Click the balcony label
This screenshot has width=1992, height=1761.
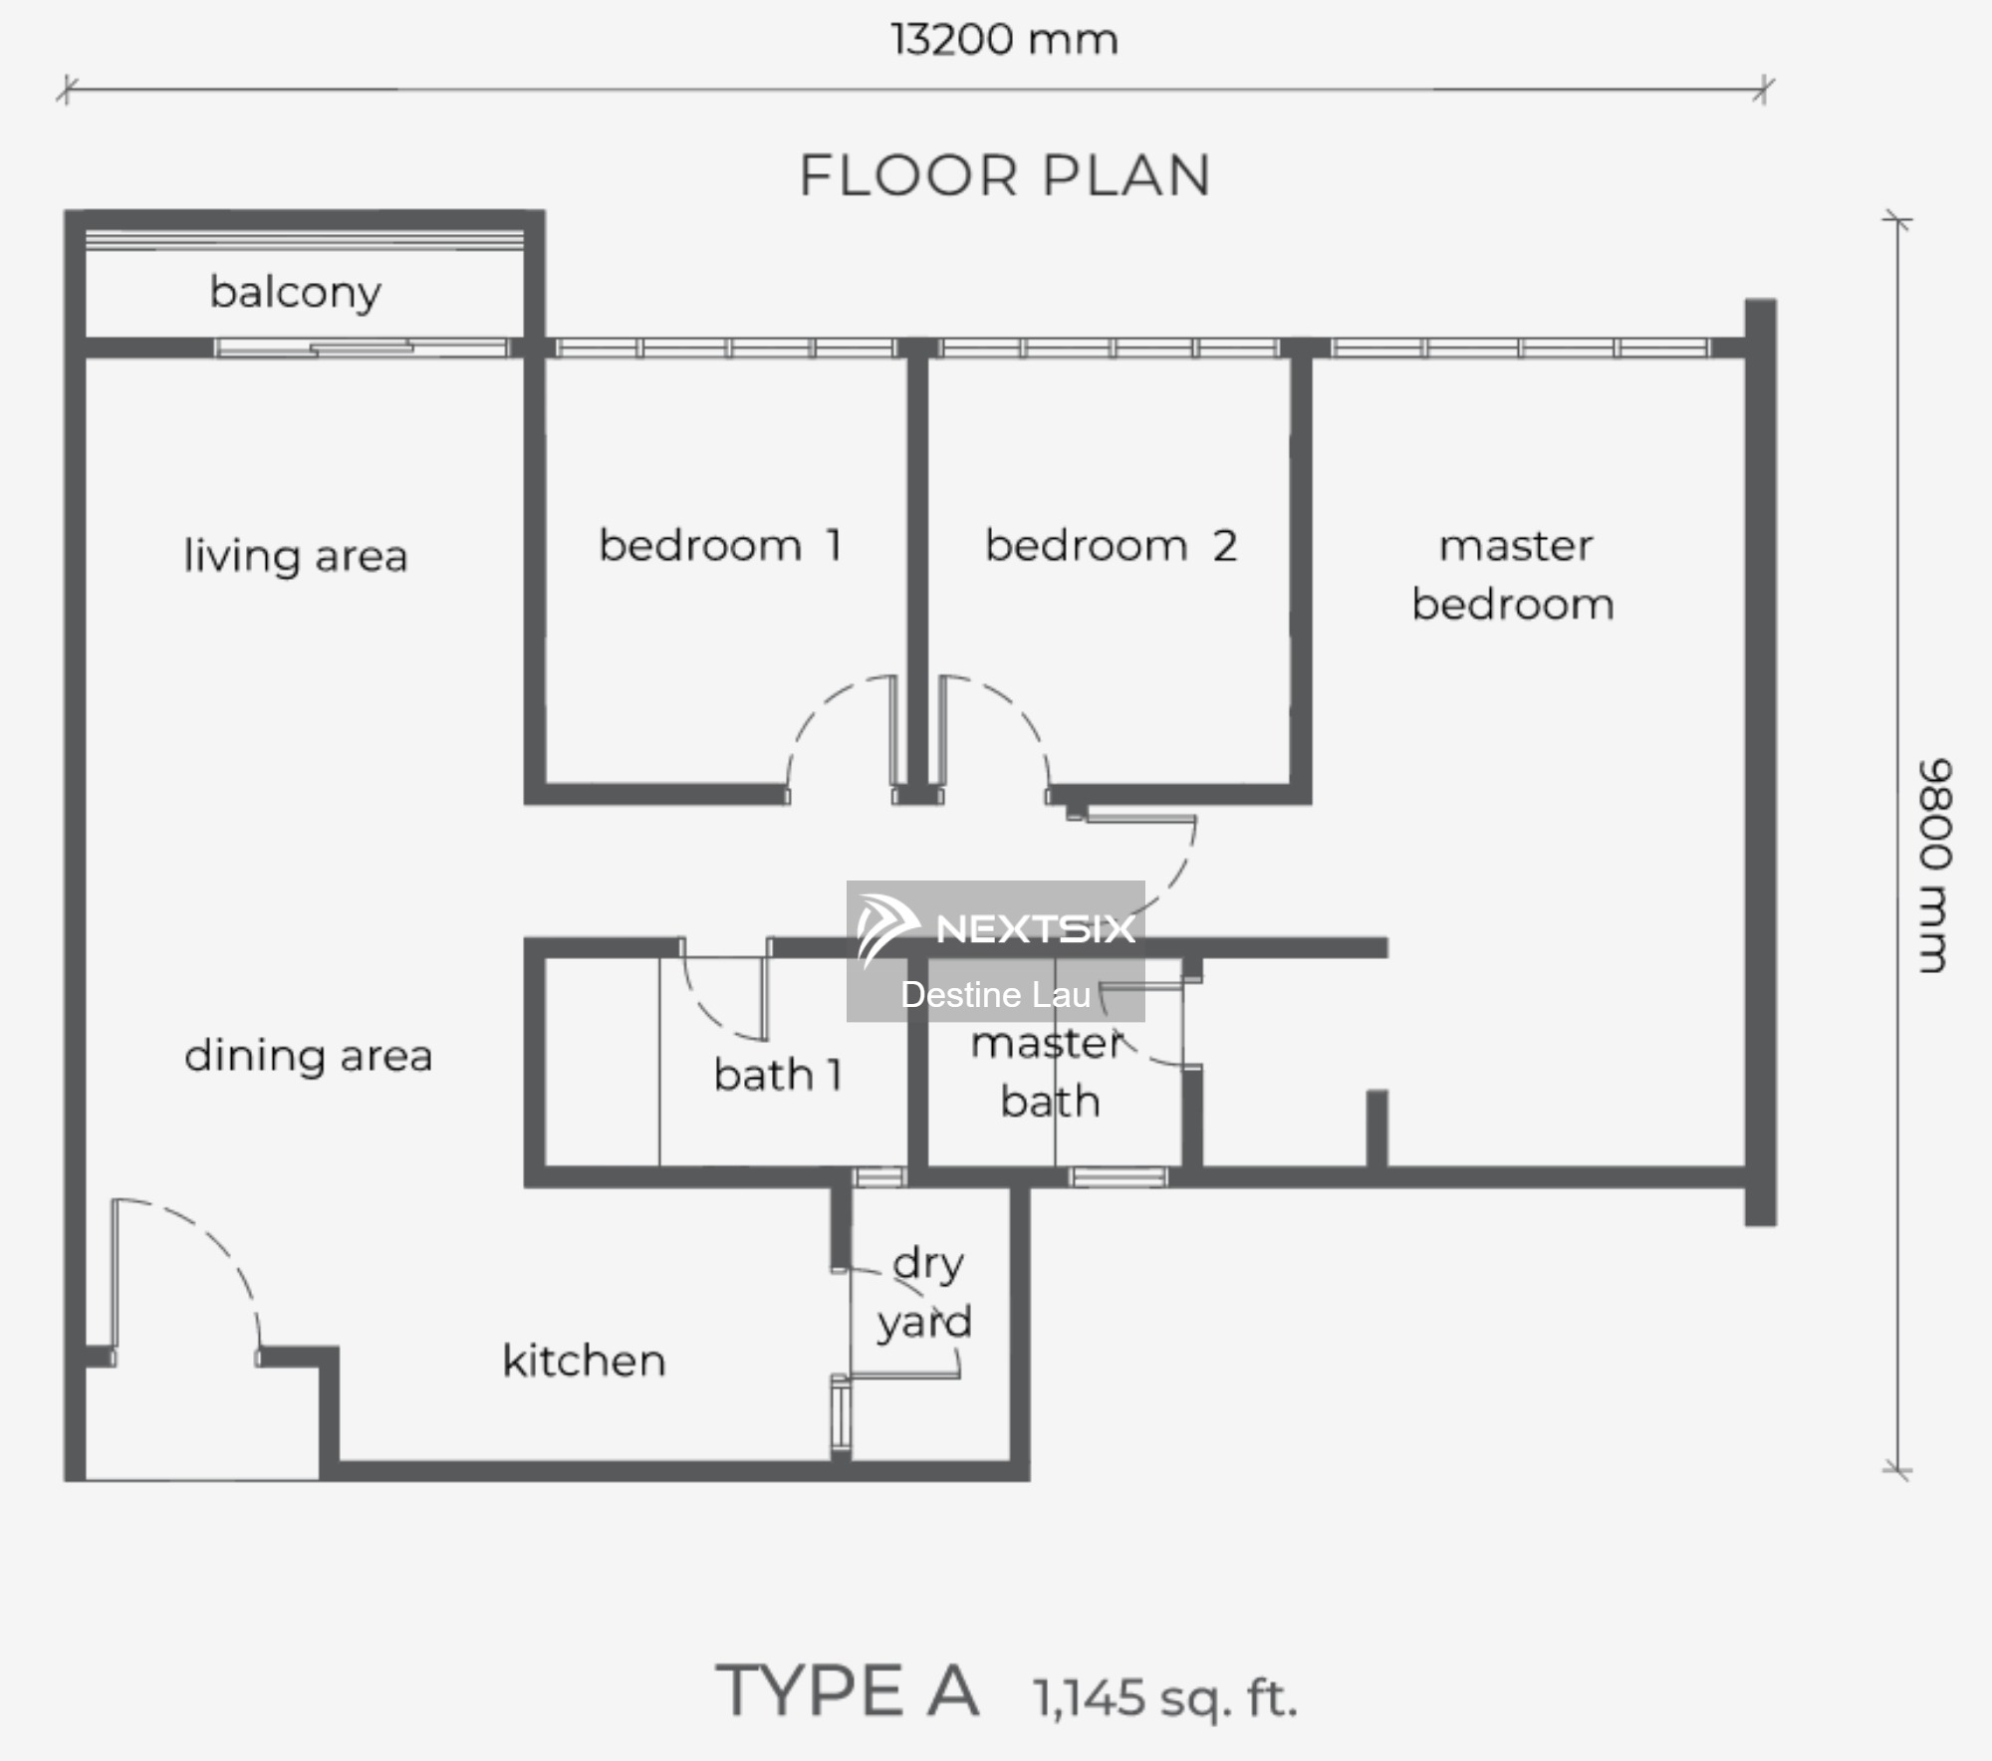coord(296,293)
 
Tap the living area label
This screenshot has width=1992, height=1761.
coord(296,556)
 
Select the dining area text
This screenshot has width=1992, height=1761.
coord(309,1056)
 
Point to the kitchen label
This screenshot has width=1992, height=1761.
coord(584,1360)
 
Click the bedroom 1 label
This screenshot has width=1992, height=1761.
coord(721,545)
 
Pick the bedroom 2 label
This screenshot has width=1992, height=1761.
coord(1112,545)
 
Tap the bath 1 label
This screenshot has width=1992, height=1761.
coord(779,1074)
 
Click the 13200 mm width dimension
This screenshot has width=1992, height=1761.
coord(1004,40)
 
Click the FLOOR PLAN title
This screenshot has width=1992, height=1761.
coord(1005,175)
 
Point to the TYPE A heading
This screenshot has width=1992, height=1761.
coord(848,1691)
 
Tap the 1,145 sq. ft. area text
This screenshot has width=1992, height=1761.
coord(1165,1697)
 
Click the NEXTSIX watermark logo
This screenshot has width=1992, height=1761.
coord(995,927)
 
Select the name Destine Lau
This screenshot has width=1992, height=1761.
coord(995,994)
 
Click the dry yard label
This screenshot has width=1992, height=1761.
coord(925,1293)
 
